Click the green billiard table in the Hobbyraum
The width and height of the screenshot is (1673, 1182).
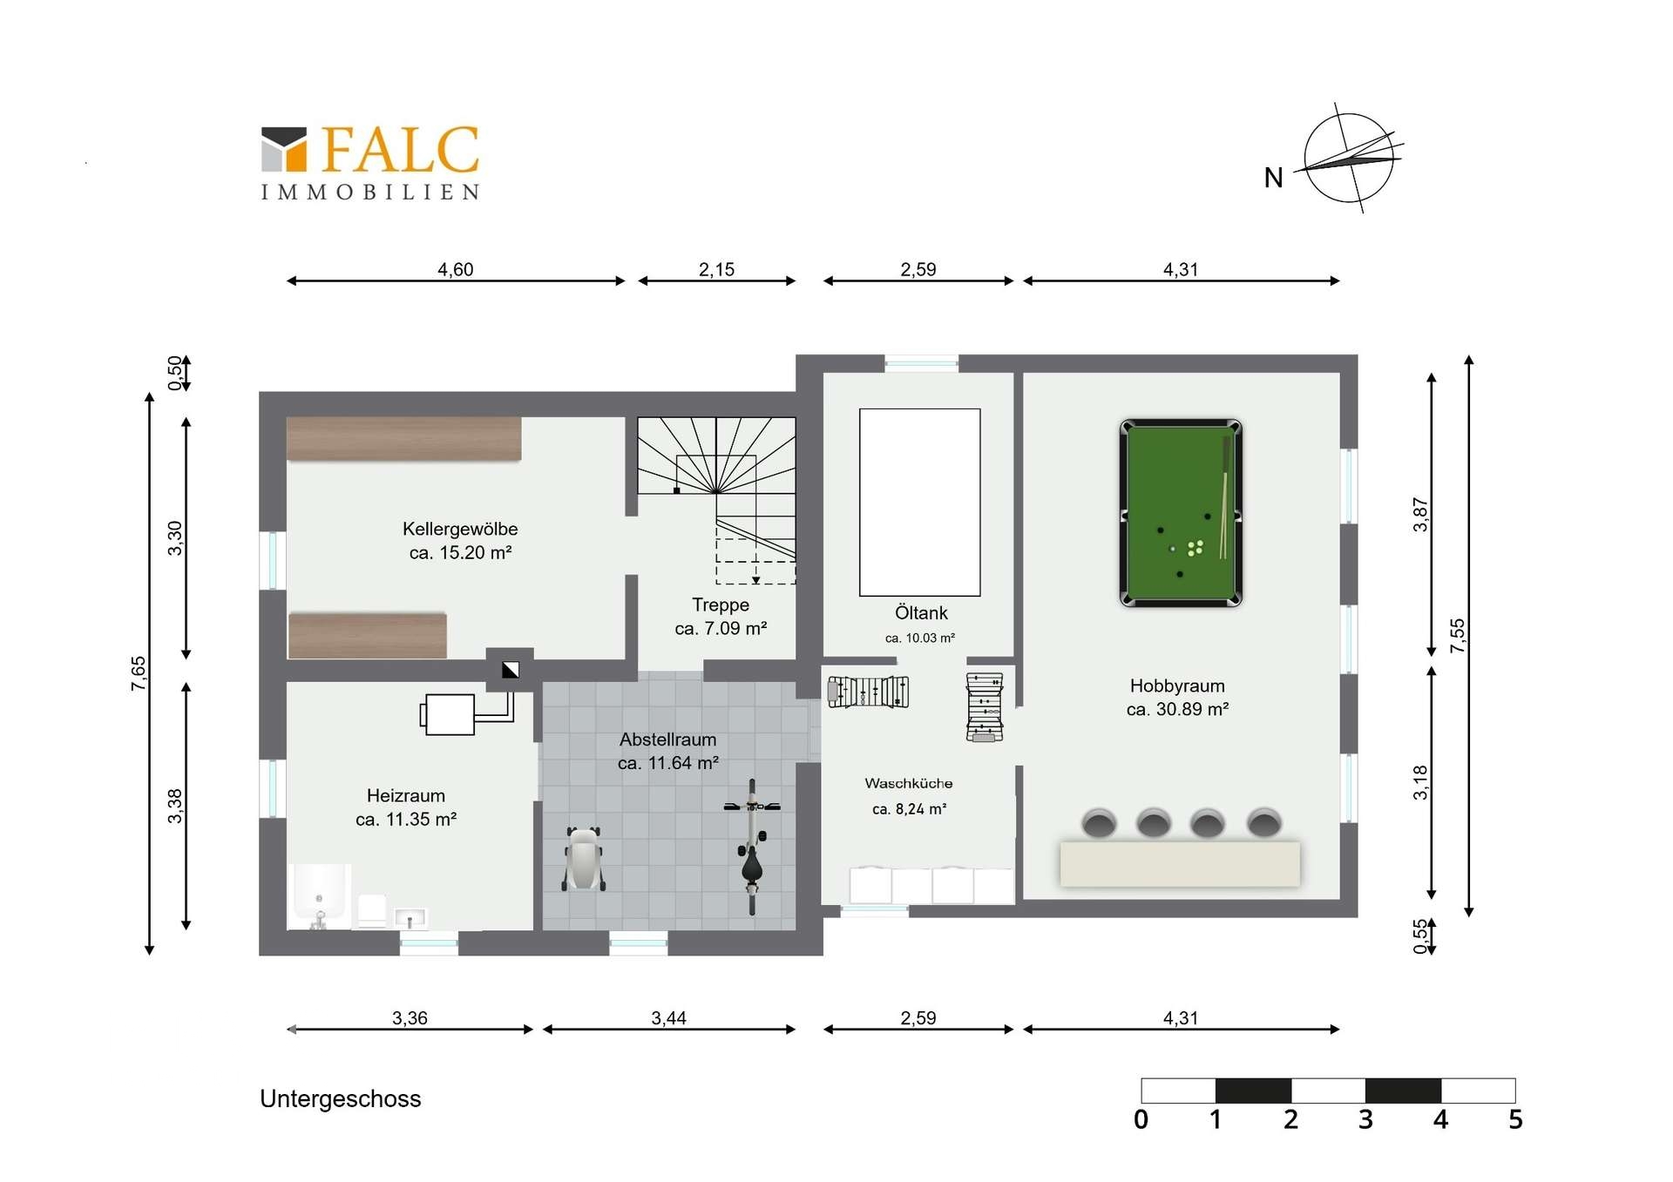pos(1181,513)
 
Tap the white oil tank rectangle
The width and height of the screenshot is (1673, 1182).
pos(920,503)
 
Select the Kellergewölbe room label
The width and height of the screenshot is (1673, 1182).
pos(460,529)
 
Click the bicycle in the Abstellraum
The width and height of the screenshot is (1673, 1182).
pos(752,846)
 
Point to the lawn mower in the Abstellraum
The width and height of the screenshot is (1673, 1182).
pos(584,859)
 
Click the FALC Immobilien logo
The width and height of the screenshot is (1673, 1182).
pos(370,163)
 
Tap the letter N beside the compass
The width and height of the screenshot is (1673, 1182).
pos(1273,178)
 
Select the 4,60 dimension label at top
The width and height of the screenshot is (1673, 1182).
pos(456,270)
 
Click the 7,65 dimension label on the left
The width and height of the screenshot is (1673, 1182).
pos(139,674)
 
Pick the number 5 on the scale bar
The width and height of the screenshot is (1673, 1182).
pos(1515,1119)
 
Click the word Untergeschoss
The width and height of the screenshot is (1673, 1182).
pos(340,1099)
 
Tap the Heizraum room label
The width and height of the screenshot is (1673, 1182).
pos(406,795)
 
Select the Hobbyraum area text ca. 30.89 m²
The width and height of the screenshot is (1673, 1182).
pos(1177,709)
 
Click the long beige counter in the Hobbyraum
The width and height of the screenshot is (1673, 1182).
pos(1180,863)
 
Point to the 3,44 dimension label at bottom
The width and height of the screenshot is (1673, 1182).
pos(668,1018)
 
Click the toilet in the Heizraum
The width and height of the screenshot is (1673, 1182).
pos(372,910)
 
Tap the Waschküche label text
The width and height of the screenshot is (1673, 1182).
pos(909,784)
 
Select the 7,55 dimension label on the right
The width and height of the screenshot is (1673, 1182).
pos(1458,636)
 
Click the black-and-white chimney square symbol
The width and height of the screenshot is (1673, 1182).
pos(511,670)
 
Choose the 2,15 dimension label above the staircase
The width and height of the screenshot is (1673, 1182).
pos(716,270)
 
